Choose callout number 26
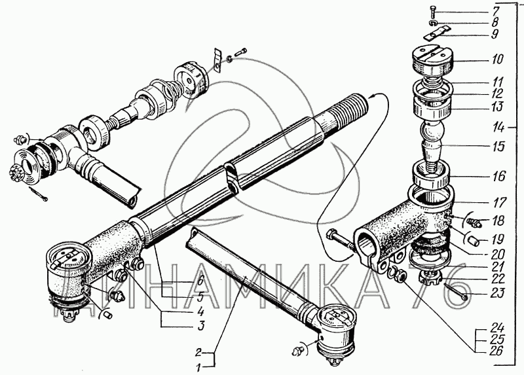[496, 349]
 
